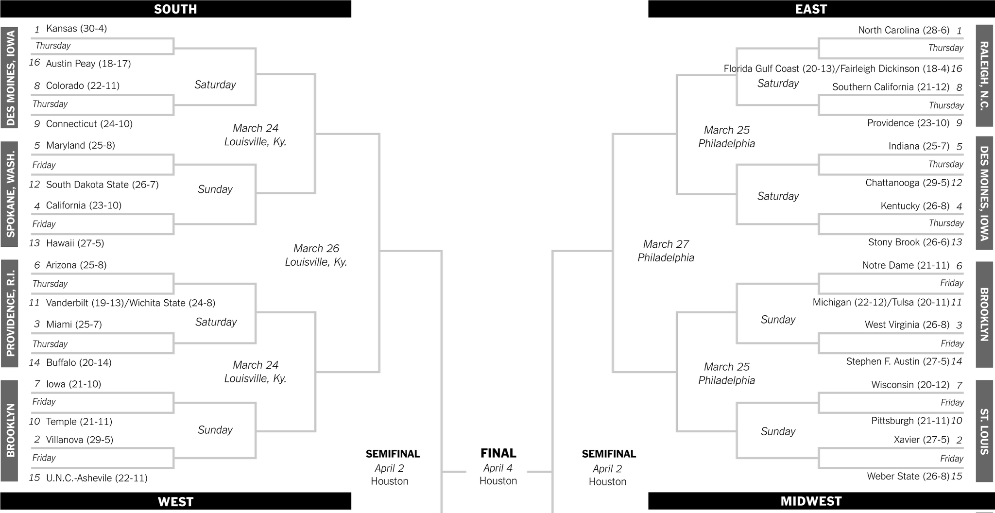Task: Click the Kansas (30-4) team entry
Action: click(76, 29)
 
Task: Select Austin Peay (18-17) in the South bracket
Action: click(88, 64)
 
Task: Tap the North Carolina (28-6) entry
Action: click(903, 30)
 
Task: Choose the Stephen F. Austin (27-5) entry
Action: click(897, 361)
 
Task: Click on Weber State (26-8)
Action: click(908, 476)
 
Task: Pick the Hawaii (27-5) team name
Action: click(75, 243)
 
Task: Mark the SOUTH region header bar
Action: click(175, 9)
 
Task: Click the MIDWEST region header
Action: click(811, 501)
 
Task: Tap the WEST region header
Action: click(175, 501)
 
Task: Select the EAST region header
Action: click(811, 9)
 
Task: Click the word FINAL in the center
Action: click(498, 453)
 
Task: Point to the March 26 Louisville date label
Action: click(316, 255)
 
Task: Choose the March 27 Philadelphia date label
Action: click(666, 251)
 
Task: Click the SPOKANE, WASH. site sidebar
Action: click(10, 194)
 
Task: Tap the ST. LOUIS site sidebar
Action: click(984, 431)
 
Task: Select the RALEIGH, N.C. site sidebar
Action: click(984, 76)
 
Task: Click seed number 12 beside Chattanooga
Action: click(956, 183)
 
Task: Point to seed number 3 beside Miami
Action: click(37, 325)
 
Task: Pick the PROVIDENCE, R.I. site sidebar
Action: click(10, 313)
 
